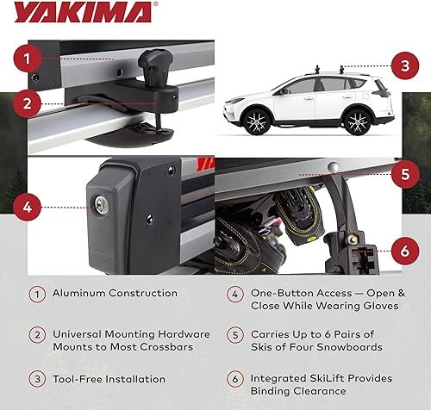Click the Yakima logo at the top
(82, 13)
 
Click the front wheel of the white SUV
(255, 121)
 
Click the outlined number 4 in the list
(233, 294)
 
